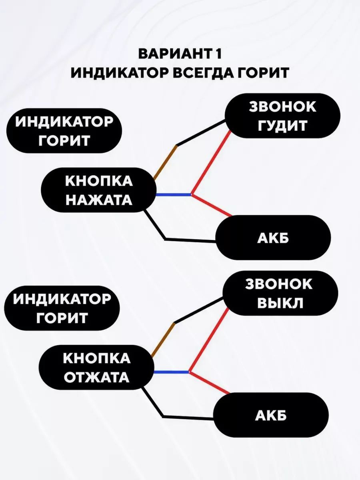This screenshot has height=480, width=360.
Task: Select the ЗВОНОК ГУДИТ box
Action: (x=282, y=116)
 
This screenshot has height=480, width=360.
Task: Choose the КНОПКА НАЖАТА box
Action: (x=98, y=190)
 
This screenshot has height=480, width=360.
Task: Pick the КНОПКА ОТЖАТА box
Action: (x=96, y=368)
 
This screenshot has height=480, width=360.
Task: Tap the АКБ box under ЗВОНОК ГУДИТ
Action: (x=273, y=238)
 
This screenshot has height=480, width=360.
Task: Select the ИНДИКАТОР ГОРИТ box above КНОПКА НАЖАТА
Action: (x=64, y=131)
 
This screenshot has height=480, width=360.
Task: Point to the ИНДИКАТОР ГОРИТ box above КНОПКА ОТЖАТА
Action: (x=62, y=308)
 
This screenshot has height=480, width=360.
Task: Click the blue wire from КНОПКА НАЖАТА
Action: (x=173, y=195)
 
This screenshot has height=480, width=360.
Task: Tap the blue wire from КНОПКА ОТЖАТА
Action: (x=171, y=372)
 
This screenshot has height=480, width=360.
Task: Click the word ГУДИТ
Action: (x=282, y=125)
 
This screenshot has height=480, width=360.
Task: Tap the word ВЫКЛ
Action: (x=278, y=303)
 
